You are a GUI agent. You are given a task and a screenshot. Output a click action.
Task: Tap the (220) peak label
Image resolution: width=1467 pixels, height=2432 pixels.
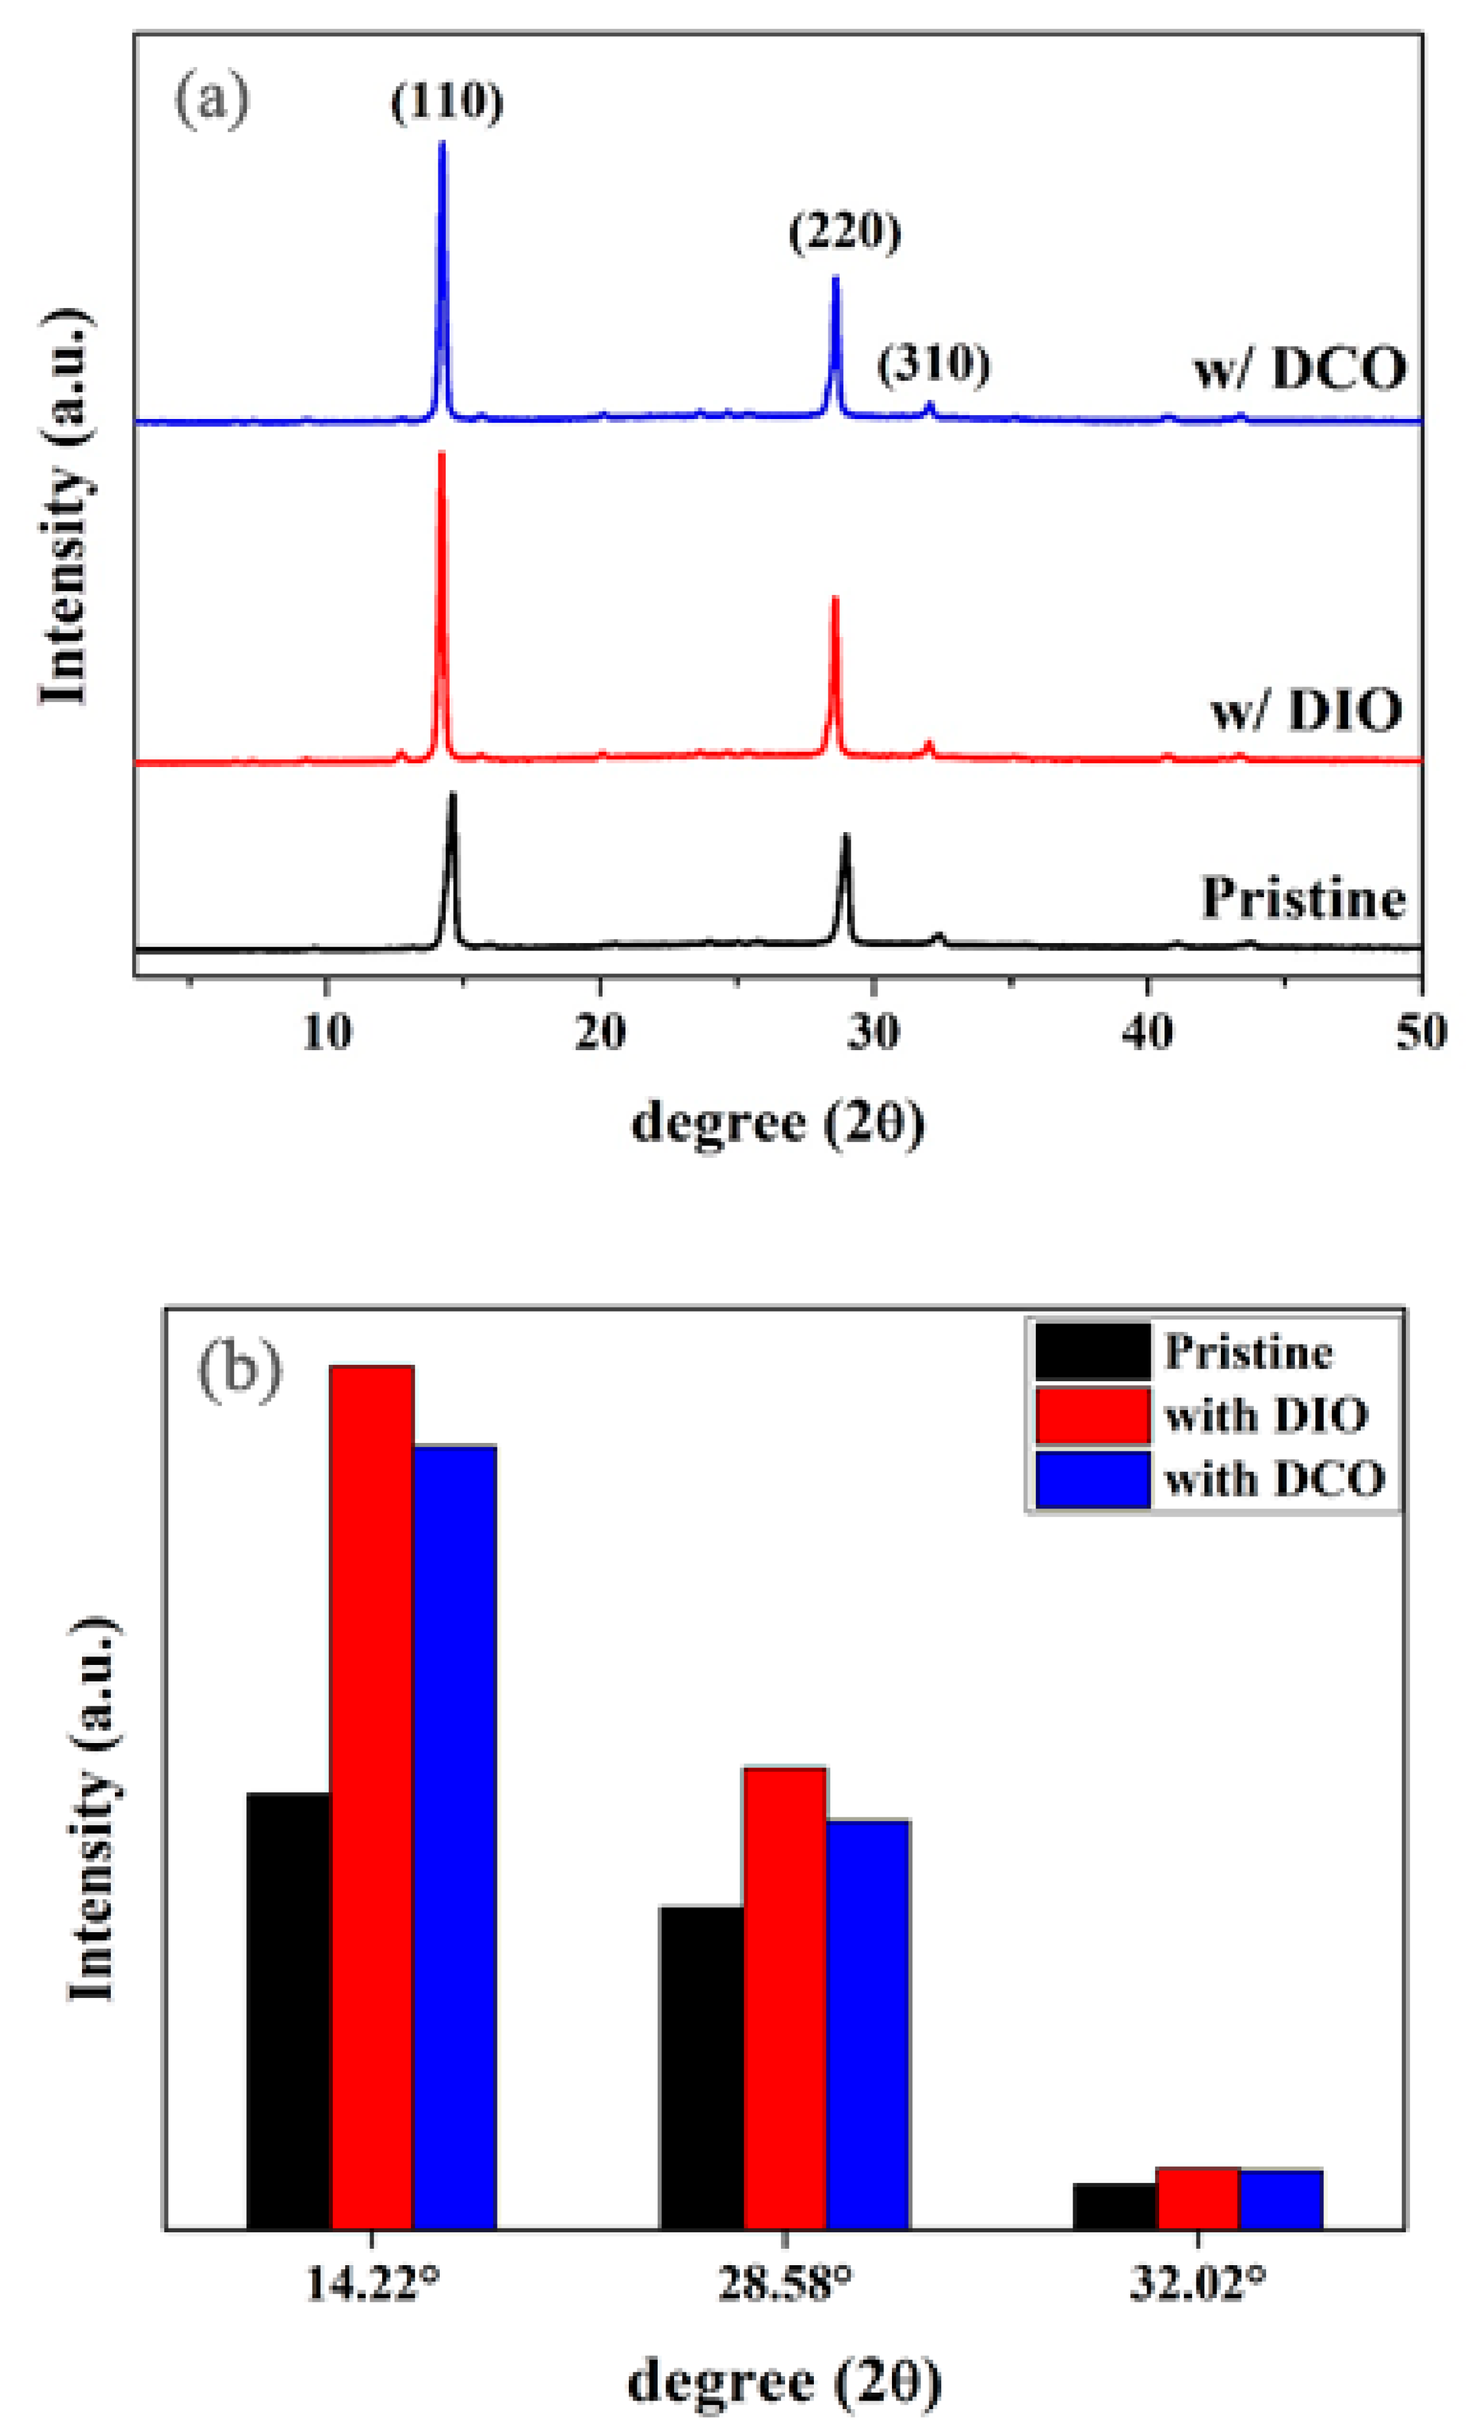point(845,233)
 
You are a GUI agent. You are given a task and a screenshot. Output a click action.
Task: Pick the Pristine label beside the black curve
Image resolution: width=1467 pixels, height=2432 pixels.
point(1302,898)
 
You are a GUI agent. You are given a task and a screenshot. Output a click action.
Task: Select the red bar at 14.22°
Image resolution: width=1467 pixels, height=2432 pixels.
point(372,1796)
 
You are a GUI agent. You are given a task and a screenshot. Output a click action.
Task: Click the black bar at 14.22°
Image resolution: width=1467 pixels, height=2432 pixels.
point(288,2008)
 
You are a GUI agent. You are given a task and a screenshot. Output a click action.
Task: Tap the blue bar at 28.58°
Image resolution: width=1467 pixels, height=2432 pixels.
point(867,2023)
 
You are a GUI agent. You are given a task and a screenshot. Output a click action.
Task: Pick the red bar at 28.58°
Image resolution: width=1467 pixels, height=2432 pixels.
point(784,1998)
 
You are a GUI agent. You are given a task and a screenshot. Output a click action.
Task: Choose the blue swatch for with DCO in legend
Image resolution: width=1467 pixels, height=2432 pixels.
point(1092,1478)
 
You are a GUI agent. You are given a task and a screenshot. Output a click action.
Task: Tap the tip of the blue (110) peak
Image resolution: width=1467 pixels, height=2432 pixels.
point(442,144)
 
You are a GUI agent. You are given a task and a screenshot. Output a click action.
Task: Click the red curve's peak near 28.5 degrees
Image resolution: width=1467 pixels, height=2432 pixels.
point(835,599)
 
